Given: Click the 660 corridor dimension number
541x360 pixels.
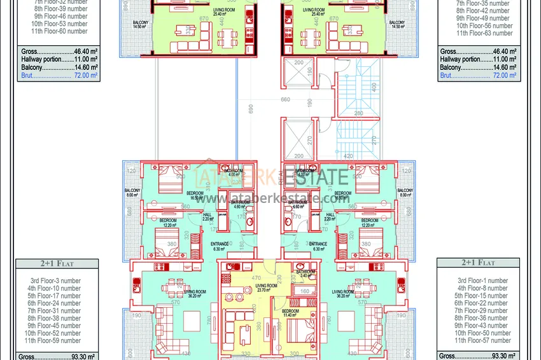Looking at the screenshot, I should pyautogui.click(x=285, y=100).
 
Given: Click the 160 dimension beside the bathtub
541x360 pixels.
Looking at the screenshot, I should pyautogui.click(x=304, y=292).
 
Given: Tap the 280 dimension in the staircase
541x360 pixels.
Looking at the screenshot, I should pyautogui.click(x=358, y=114).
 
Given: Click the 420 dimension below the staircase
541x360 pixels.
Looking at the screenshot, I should pyautogui.click(x=349, y=155).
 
